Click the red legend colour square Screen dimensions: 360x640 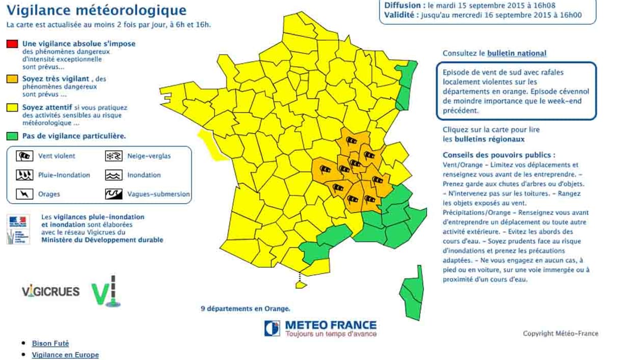coord(12,44)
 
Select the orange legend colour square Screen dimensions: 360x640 coord(12,79)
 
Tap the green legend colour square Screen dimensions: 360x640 coord(12,136)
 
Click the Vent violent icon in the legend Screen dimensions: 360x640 coord(24,156)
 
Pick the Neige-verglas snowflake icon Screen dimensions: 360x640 coord(114,156)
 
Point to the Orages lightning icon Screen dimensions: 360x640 coord(24,194)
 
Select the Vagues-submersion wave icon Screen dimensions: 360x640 coord(114,194)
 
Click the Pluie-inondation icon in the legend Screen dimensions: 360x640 coord(24,175)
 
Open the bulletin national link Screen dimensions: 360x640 coord(517,53)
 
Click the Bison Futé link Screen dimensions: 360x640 coord(50,344)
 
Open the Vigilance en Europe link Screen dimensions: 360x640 coord(65,355)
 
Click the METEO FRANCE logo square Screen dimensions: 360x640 coord(272,328)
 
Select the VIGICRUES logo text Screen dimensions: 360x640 coord(51,292)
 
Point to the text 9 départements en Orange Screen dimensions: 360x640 coord(246,309)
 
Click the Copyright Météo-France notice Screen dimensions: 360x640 coord(561,334)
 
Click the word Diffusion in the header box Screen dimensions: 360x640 coord(402,5)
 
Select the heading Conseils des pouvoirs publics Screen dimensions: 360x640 coord(499,155)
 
